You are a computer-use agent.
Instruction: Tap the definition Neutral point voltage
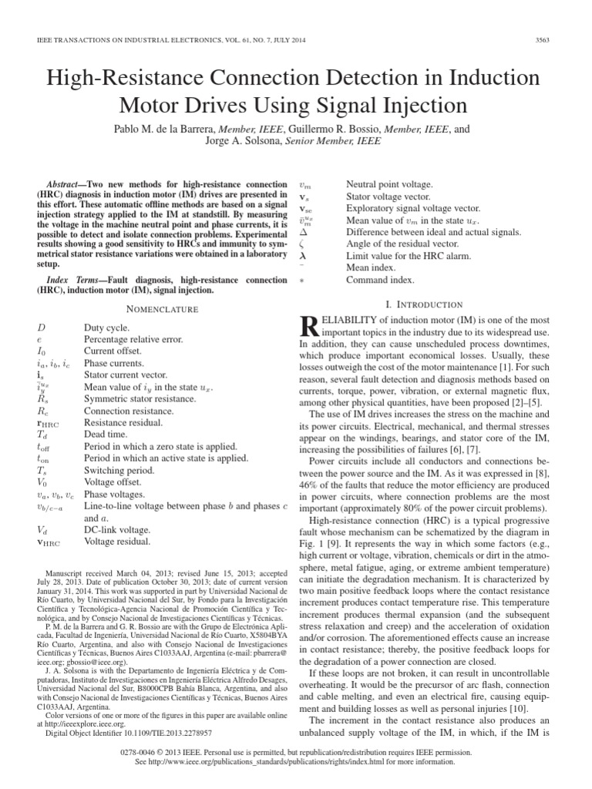pyautogui.click(x=389, y=186)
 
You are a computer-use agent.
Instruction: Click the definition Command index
pyautogui.click(x=380, y=280)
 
